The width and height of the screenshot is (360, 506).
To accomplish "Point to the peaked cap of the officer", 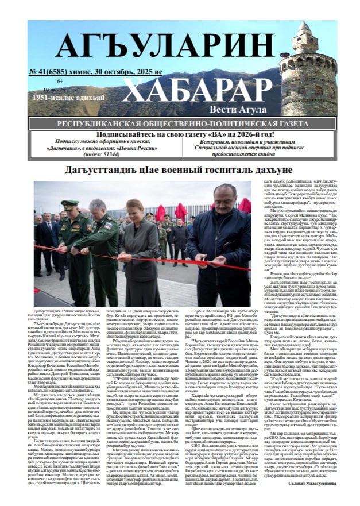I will [x=69, y=203].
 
